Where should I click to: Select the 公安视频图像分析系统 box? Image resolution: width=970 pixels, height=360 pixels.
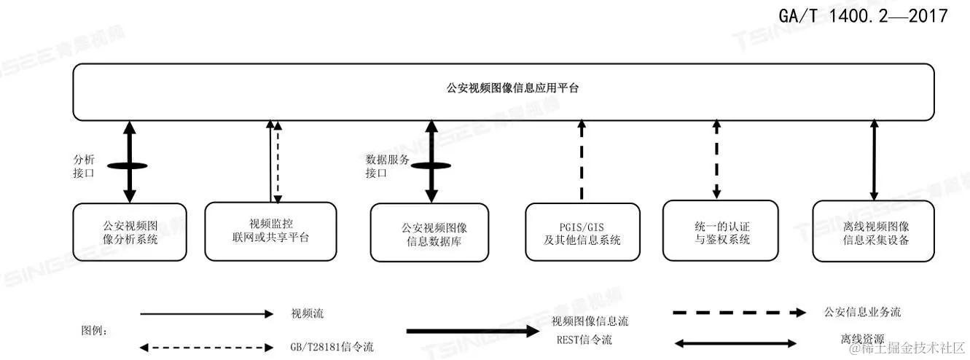click(130, 232)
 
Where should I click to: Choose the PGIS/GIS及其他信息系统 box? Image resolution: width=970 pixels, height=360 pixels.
click(582, 232)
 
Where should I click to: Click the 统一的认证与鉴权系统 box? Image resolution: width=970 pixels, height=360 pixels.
click(721, 230)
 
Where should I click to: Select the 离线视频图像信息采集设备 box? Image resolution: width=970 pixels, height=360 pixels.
click(873, 232)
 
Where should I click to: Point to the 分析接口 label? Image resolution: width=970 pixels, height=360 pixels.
click(85, 165)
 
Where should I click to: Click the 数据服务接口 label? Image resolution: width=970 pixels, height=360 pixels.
click(381, 165)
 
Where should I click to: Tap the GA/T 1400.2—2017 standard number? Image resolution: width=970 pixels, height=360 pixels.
click(863, 15)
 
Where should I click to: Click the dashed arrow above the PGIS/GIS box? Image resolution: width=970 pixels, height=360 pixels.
click(582, 160)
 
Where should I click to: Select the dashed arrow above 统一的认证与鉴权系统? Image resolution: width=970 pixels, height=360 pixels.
click(717, 159)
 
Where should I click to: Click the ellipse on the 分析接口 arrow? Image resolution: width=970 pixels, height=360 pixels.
click(129, 166)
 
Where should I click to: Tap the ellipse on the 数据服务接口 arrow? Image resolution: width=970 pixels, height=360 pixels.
click(431, 165)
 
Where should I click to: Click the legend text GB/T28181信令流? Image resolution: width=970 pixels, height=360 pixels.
click(331, 346)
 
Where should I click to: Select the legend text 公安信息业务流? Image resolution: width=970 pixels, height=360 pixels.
click(862, 312)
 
